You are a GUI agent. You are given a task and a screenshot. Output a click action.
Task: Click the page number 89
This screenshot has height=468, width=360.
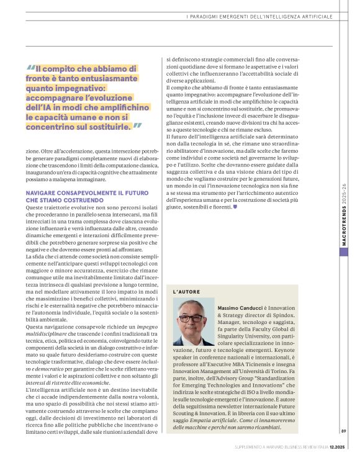[343, 449]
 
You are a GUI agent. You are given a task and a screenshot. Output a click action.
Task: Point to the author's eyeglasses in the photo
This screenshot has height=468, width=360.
[193, 317]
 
